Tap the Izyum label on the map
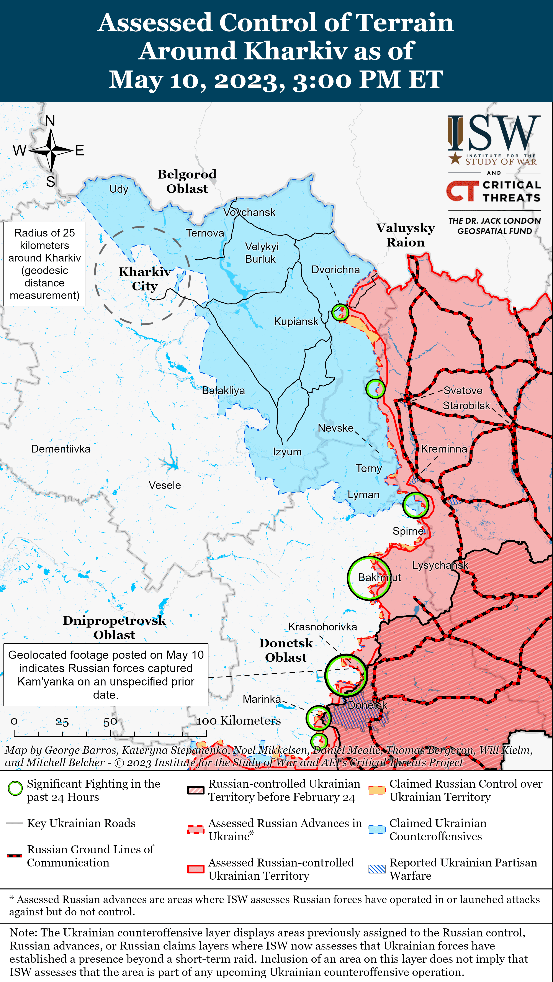[x=287, y=452]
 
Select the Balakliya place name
[x=223, y=391]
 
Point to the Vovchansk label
[x=249, y=212]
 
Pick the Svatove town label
[x=463, y=391]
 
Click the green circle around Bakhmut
[x=369, y=578]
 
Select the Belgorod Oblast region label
[x=187, y=182]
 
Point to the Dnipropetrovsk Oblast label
[x=114, y=628]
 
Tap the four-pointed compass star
[x=51, y=151]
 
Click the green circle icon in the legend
[x=15, y=788]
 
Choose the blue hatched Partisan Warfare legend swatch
[x=377, y=869]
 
